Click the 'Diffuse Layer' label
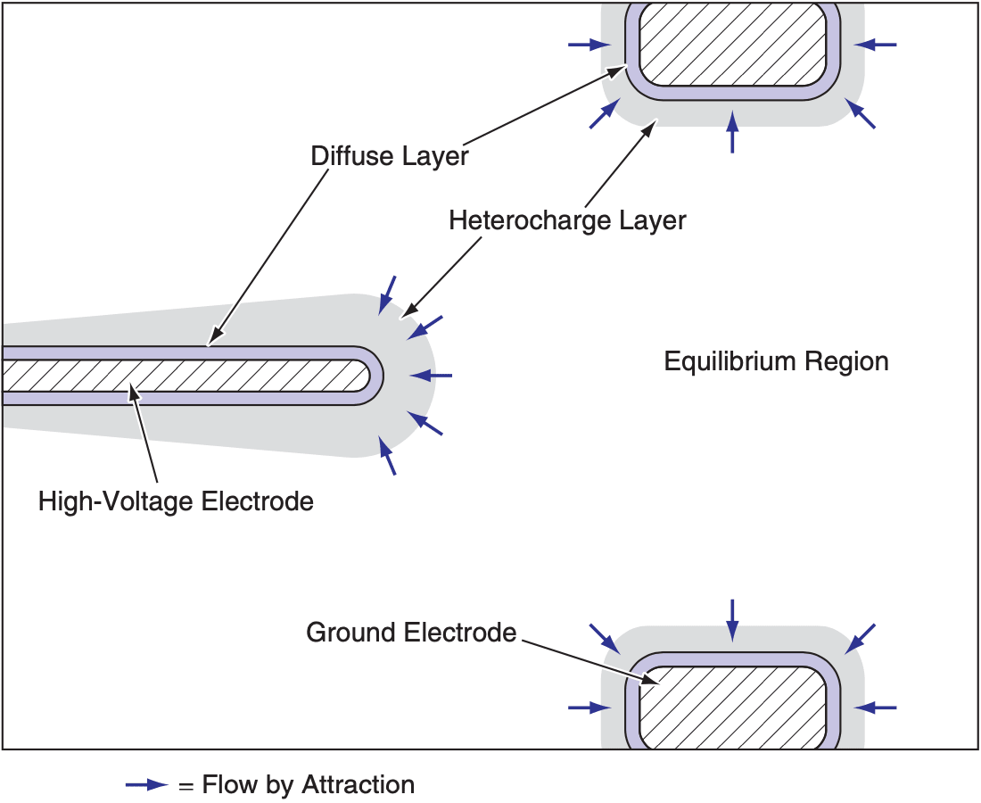(x=390, y=156)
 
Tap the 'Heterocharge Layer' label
(x=567, y=219)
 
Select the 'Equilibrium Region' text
(x=776, y=361)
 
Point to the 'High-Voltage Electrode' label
(x=176, y=501)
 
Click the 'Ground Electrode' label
(x=411, y=633)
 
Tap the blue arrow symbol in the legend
(x=146, y=785)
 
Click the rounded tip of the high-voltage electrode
(x=373, y=375)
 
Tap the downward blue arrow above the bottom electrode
(x=733, y=619)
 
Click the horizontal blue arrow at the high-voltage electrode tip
(x=441, y=376)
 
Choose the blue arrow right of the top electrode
(x=876, y=44)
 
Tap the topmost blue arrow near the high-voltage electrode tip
(x=387, y=294)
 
